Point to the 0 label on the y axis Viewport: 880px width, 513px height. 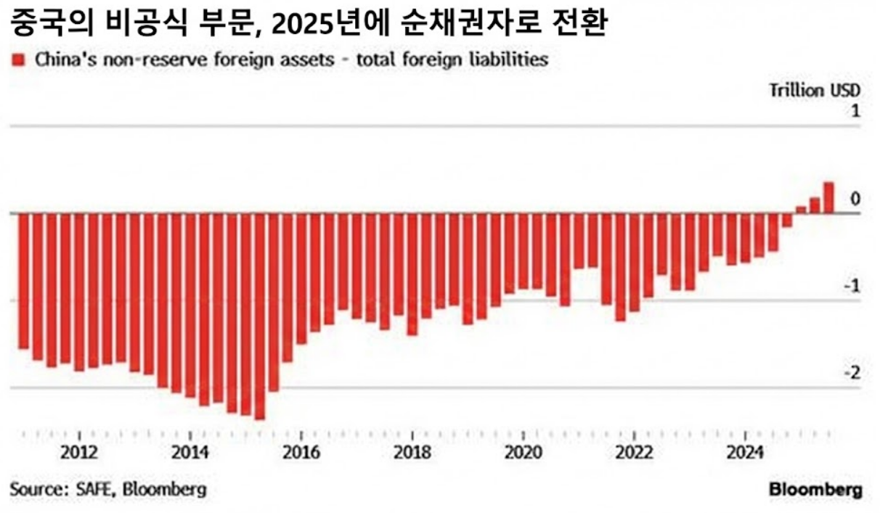click(855, 199)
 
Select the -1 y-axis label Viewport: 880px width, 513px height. click(852, 286)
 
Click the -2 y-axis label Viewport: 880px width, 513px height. click(852, 373)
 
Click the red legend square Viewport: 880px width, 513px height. click(19, 60)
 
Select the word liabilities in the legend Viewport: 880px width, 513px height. click(513, 59)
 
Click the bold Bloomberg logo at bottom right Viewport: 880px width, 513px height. click(816, 489)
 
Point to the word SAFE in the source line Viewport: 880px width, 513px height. click(95, 489)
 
